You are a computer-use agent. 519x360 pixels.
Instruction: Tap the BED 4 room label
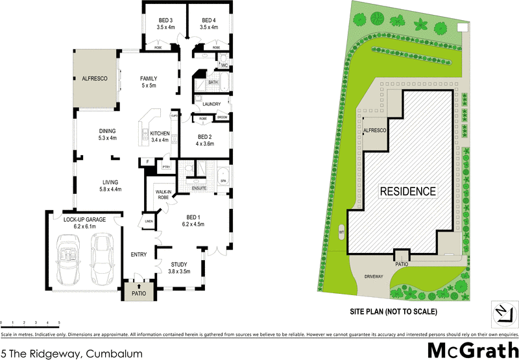pyautogui.click(x=208, y=20)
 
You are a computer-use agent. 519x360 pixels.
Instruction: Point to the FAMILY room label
pyautogui.click(x=149, y=78)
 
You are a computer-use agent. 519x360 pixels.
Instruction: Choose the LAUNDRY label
pyautogui.click(x=211, y=104)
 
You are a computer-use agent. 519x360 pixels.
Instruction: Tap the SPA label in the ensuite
pyautogui.click(x=223, y=180)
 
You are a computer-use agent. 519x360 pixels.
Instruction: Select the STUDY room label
pyautogui.click(x=179, y=264)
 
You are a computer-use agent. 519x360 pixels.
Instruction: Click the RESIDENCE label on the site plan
pyautogui.click(x=407, y=191)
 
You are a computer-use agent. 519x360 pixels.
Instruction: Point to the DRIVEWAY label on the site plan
pyautogui.click(x=374, y=276)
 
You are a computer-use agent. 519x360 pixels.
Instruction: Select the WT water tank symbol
pyautogui.click(x=341, y=231)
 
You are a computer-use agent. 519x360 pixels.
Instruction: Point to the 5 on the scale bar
pyautogui.click(x=59, y=322)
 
